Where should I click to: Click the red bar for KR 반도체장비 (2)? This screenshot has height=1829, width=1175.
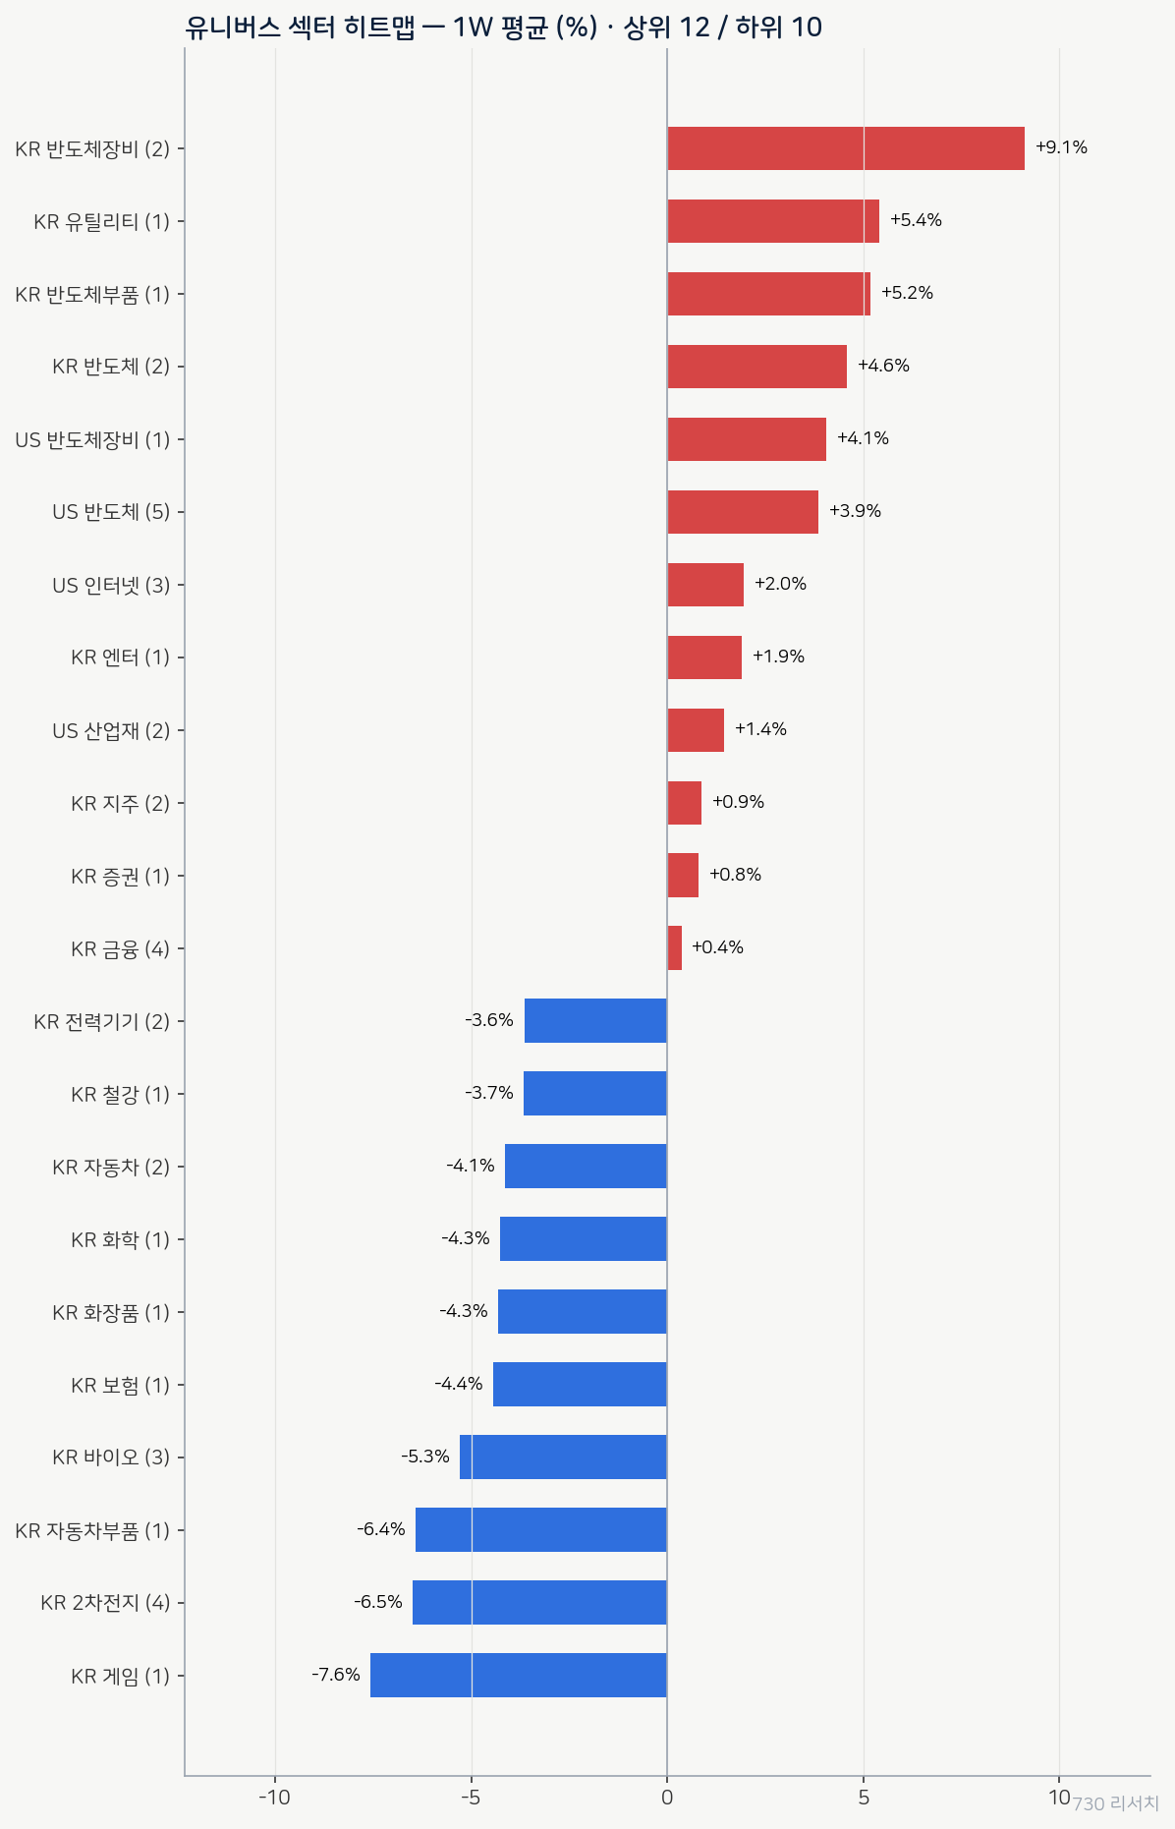point(846,148)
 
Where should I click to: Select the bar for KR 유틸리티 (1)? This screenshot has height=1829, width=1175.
point(773,221)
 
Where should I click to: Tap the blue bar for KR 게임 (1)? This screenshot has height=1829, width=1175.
point(519,1675)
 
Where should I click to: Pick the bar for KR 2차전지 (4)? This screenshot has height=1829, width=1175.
point(539,1602)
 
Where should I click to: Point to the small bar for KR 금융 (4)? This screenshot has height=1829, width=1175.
point(675,947)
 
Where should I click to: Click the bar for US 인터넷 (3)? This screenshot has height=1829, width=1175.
point(705,585)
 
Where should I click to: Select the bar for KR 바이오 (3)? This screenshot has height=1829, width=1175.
point(563,1457)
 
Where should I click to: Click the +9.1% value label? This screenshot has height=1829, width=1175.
point(1061,147)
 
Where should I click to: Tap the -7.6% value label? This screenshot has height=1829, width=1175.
point(336,1674)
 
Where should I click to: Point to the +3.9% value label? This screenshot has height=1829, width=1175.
point(855,511)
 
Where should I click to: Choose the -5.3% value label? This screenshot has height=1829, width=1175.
point(425,1456)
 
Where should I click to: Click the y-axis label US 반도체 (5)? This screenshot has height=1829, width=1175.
point(111,512)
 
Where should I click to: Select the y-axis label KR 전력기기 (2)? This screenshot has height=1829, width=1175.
point(102,1022)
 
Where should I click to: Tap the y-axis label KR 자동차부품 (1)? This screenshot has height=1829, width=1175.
point(92,1530)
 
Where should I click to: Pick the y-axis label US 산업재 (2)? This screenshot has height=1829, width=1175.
point(111,730)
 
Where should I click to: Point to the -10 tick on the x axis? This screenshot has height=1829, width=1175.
point(274,1798)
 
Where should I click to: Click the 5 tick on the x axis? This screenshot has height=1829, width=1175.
point(864,1798)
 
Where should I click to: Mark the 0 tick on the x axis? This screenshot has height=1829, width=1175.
point(667,1798)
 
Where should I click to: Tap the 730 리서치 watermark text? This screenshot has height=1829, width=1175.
point(1115,1803)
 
